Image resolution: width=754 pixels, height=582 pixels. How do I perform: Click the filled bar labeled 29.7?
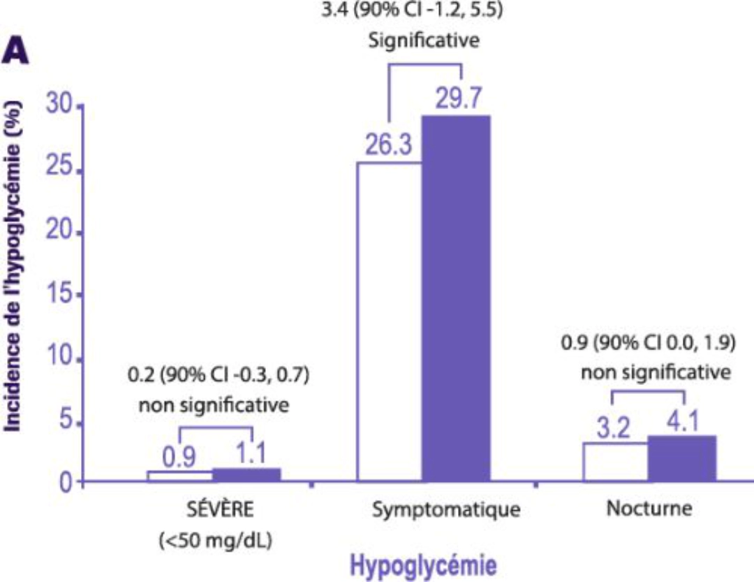457,298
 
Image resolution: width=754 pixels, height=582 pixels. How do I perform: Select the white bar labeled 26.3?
390,321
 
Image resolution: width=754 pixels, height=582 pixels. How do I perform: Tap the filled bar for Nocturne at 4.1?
682,458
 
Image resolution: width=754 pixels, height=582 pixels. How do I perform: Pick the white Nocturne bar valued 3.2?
616,462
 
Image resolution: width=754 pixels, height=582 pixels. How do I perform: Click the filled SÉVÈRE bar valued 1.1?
246,474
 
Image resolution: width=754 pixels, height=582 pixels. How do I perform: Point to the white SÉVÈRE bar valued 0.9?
180,476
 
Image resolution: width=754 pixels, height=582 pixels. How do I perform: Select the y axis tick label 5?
66,420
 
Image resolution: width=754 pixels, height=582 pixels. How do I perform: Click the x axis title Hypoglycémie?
423,565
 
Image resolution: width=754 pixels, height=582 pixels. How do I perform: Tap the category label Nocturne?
649,508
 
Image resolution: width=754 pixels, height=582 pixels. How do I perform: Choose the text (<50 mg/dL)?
216,541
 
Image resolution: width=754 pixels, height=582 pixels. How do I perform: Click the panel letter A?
15,52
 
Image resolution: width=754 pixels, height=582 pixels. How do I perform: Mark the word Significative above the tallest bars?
424,40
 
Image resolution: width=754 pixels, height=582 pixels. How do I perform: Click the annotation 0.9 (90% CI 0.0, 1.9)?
649,343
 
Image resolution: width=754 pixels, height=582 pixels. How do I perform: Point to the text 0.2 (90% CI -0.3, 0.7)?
219,374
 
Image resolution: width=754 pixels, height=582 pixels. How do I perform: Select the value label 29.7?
458,98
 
